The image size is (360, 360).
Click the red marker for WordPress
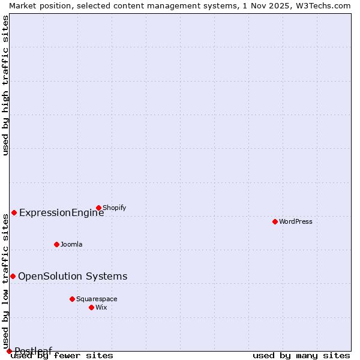[275, 221]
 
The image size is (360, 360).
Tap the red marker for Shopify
[98, 208]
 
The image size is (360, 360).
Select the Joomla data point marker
[56, 244]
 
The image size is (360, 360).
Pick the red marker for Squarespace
[72, 299]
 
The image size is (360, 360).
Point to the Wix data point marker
[91, 307]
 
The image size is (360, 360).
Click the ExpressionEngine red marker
[14, 212]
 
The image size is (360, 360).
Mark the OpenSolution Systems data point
[13, 276]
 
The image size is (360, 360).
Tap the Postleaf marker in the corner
[9, 351]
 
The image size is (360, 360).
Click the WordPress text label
[296, 221]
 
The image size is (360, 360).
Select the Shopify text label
[114, 208]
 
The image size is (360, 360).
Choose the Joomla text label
[71, 244]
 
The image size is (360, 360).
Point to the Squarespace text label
[97, 299]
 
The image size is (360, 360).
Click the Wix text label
[101, 307]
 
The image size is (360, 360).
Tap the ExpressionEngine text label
[61, 212]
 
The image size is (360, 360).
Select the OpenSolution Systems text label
[73, 276]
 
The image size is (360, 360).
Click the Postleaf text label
[34, 351]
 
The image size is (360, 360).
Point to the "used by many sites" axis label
[301, 355]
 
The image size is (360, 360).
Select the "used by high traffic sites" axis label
[5, 85]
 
